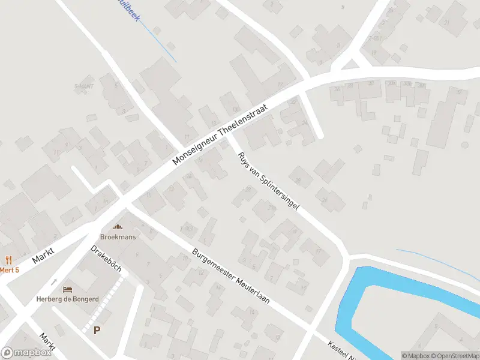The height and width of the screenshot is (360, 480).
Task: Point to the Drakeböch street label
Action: [x=106, y=258]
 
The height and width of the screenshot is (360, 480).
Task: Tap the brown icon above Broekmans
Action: [x=117, y=227]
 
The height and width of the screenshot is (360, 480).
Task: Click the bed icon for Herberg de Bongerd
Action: [x=67, y=290]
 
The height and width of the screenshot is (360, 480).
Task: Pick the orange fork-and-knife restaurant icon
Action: [x=8, y=260]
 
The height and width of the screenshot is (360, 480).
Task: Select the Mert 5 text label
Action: [x=9, y=270]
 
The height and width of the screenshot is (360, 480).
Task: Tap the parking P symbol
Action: [x=97, y=329]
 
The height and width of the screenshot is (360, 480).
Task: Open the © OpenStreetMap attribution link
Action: [x=454, y=356]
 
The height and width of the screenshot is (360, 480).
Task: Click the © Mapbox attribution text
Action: [x=415, y=356]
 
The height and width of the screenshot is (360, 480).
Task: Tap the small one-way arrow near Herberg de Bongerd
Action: [x=54, y=281]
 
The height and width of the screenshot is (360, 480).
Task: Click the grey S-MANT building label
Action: [x=84, y=85]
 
